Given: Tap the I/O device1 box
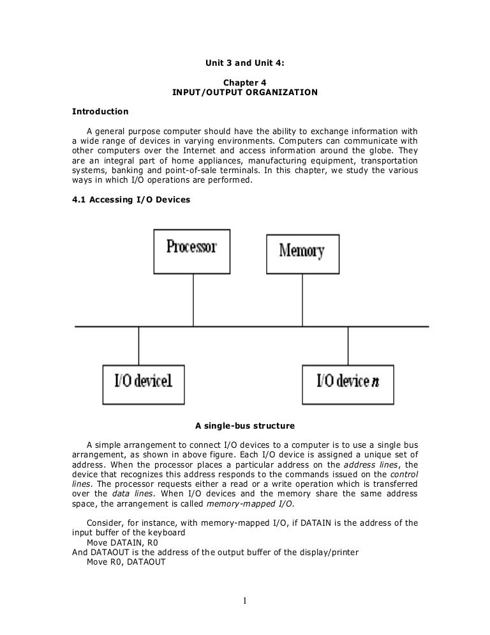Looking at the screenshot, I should [x=144, y=383].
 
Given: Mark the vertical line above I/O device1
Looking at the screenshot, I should [x=138, y=346].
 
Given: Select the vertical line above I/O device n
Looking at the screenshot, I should [x=348, y=346].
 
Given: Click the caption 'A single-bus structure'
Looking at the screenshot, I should [x=245, y=425].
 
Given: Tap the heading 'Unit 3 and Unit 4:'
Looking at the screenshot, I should [x=244, y=64].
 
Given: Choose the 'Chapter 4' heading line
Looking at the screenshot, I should [x=244, y=82].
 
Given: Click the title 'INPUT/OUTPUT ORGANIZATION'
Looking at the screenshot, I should [x=244, y=93].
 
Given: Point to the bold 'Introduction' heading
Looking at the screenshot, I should [x=100, y=112].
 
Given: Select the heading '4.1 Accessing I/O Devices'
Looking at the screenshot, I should [x=131, y=199].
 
